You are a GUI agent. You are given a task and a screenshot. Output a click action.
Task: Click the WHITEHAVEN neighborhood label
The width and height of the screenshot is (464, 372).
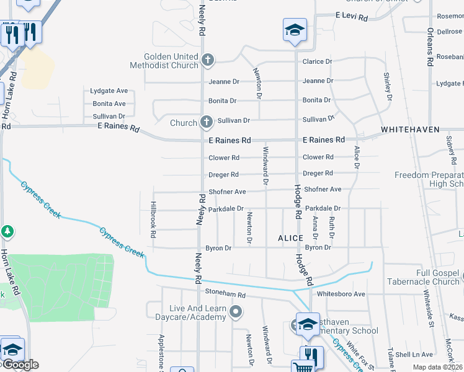coord(410,130)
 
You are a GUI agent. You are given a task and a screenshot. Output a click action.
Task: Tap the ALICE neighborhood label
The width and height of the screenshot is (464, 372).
coord(290,238)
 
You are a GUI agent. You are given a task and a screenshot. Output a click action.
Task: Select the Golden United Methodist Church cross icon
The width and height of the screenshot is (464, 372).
coord(208,61)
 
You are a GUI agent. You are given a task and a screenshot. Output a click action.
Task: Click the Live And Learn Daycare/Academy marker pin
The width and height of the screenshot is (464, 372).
coord(235,312)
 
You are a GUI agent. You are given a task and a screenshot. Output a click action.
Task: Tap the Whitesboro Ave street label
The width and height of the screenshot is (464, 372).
coord(341,293)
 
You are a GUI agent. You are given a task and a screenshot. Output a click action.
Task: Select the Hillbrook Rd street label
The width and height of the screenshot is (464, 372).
coord(153,220)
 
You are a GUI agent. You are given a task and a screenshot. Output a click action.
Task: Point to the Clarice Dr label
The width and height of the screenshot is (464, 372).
coord(317,62)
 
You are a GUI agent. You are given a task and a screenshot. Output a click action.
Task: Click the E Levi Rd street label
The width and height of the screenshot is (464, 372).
coord(351,16)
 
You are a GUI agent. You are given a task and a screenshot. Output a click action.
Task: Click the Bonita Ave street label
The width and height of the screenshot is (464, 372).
coord(109,104)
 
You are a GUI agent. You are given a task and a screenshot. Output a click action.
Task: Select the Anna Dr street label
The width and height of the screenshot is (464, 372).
coord(315,228)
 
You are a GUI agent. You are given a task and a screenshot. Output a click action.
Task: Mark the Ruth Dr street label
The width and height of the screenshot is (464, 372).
coord(332,228)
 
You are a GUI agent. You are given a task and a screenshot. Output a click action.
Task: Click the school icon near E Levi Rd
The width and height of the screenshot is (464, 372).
coord(295,30)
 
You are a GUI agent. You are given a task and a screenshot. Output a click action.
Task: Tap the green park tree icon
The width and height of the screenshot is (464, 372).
coord(7,231)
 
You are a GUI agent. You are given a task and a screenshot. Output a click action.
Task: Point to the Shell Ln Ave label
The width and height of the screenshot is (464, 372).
coord(414,355)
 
